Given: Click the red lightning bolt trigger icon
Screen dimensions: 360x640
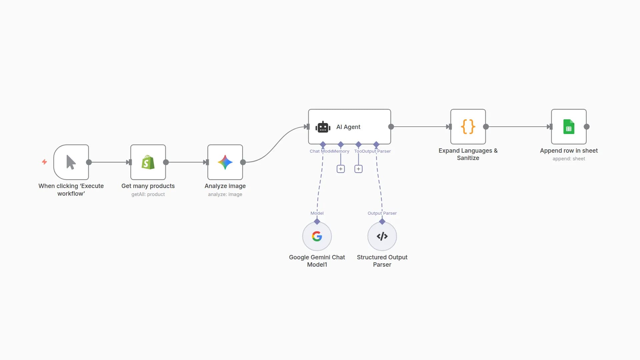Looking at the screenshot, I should pos(44,162).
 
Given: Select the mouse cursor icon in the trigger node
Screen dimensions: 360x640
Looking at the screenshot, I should pos(71,162).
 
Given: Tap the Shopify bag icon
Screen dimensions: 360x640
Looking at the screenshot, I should pos(148,162).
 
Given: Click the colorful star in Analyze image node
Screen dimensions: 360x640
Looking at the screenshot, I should pos(225,162).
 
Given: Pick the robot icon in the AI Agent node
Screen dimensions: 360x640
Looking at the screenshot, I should pos(323,127).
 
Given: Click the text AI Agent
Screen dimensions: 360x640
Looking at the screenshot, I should pos(348,127).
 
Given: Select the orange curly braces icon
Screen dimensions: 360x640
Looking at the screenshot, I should pos(468,127).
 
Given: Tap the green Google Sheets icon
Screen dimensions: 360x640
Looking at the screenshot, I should pos(569,127).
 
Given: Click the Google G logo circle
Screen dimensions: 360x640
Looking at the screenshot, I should pos(317,236).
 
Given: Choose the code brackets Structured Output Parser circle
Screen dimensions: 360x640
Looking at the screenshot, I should pos(382,236).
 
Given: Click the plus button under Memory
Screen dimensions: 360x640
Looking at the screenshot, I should pos(341,169).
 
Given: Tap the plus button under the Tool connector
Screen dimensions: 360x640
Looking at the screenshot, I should pos(358,169).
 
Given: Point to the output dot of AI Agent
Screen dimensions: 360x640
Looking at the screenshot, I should pos(391,127).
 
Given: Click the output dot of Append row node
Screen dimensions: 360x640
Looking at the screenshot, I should pos(587,127).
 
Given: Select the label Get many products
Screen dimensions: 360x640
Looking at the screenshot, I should pos(148,186).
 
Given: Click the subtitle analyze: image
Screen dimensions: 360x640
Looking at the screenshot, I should pos(225,194).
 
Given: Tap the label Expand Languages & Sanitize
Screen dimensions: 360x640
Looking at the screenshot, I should pos(468,154).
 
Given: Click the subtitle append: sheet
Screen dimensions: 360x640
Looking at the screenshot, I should pos(569,159).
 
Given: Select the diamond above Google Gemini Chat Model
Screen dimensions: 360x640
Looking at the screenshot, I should pos(317,221).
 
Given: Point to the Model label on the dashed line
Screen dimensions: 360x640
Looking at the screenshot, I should pos(317,213).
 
